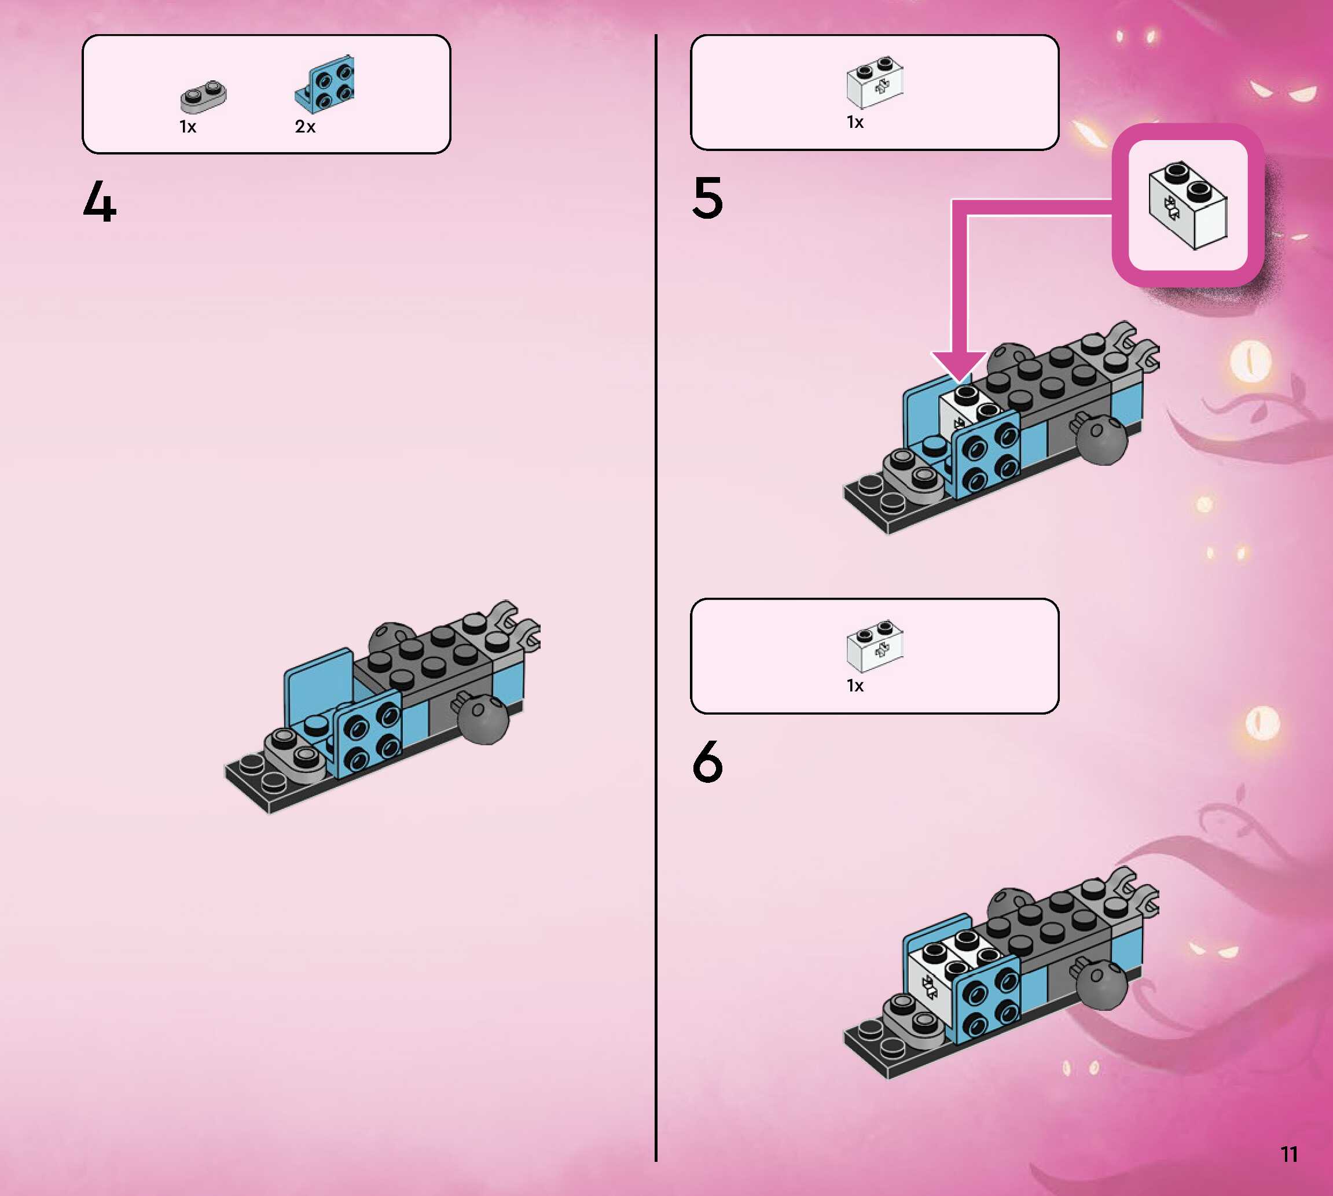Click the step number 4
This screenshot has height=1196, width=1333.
(100, 202)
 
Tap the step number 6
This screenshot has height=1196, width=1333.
(708, 761)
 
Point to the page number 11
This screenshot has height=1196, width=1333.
(1289, 1154)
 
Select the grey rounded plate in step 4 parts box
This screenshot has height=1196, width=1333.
(204, 96)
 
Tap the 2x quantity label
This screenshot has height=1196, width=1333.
(305, 127)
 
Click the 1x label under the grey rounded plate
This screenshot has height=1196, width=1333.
(188, 127)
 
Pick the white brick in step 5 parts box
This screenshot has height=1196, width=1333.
(875, 83)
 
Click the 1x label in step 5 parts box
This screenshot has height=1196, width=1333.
(855, 122)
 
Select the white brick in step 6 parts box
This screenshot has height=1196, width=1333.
(875, 645)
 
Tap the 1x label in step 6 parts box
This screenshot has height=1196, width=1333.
(855, 686)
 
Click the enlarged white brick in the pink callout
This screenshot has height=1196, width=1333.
(1188, 205)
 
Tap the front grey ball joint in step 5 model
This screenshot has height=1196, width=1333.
(1102, 440)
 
